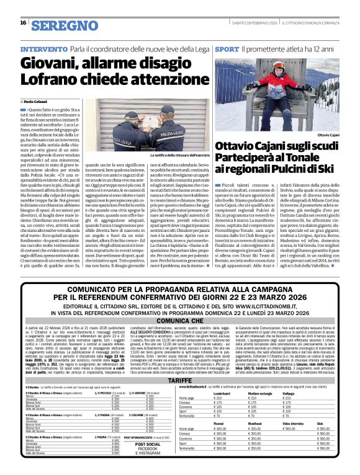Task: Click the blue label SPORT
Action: [x=227, y=48]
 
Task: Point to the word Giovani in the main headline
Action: [x=52, y=63]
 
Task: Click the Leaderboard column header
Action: [x=222, y=393]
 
